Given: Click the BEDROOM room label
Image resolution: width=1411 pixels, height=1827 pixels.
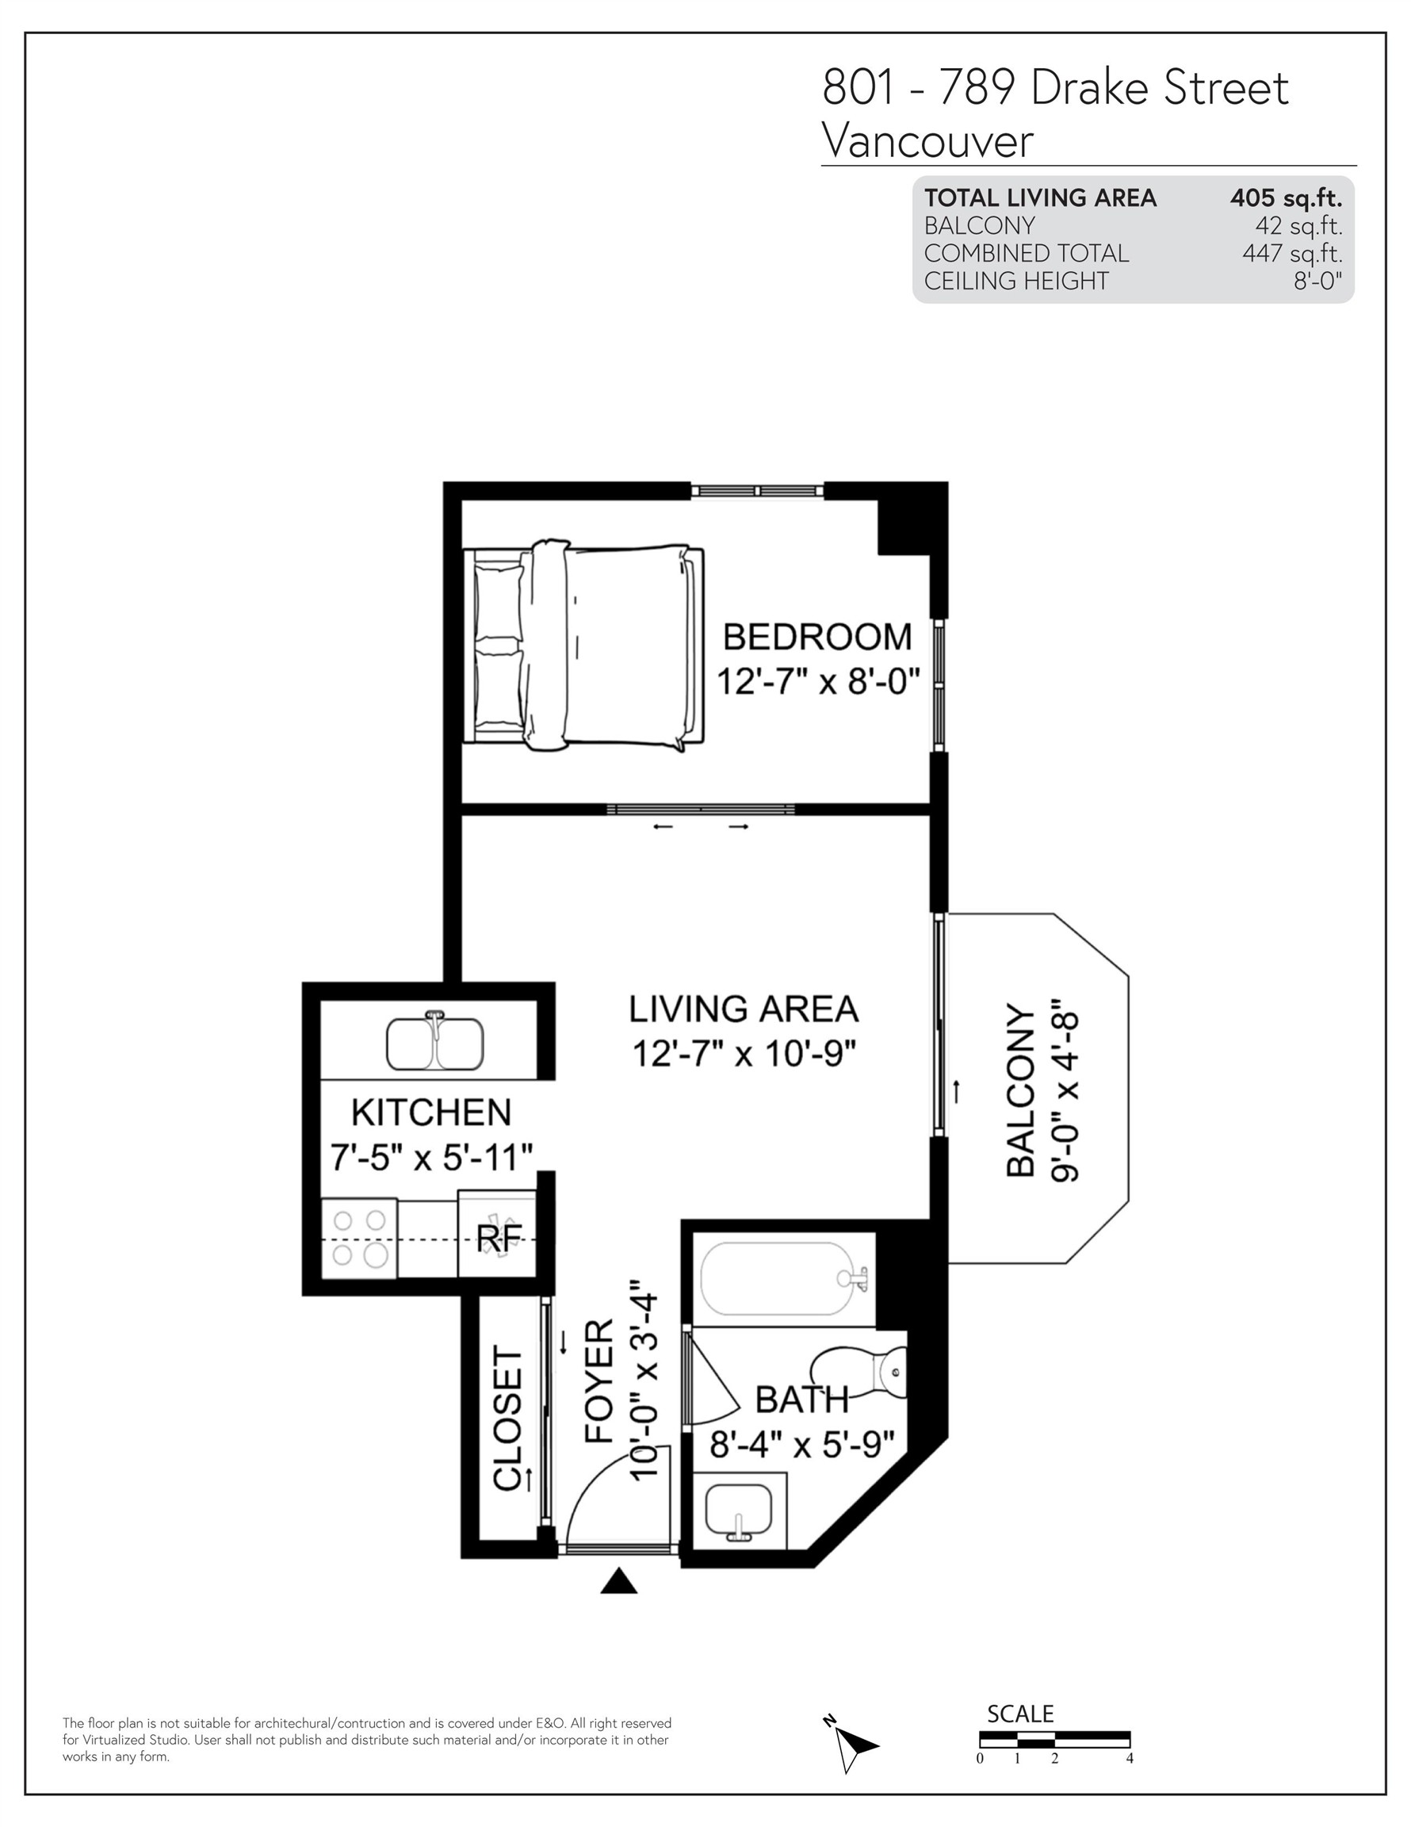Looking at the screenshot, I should click(x=816, y=638).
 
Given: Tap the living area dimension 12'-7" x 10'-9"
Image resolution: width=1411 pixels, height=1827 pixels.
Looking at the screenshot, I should click(x=744, y=1054).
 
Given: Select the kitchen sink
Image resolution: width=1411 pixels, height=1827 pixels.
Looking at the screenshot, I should click(x=434, y=1041).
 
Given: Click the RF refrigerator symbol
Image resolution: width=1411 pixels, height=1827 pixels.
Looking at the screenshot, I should click(x=498, y=1237).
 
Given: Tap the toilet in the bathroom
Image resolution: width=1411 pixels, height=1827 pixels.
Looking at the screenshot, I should click(x=866, y=1372).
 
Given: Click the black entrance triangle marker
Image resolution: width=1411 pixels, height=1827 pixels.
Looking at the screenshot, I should click(x=619, y=1580).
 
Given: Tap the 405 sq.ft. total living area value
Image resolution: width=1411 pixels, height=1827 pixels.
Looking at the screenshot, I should click(x=1286, y=198).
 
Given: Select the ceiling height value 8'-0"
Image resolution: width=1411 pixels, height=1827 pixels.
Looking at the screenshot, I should click(x=1317, y=281).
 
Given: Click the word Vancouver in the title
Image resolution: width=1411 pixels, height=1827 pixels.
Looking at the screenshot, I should click(x=927, y=140).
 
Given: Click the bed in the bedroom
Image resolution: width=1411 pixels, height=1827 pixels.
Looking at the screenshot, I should click(x=586, y=645).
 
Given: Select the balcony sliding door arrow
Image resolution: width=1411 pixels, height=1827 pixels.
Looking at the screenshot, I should click(x=957, y=1091).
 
